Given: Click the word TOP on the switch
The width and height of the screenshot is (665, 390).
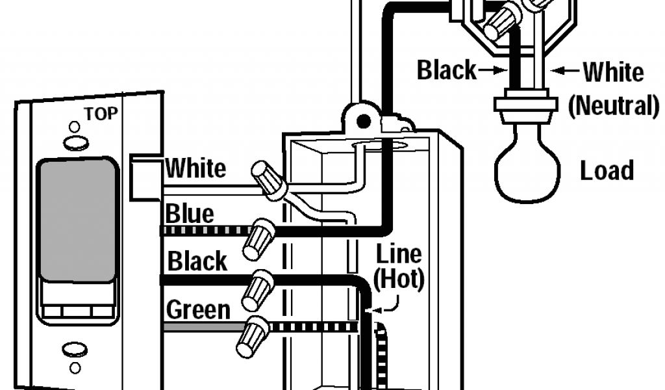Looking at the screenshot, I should tap(100, 114).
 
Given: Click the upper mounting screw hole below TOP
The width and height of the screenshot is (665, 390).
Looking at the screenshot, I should tap(75, 141).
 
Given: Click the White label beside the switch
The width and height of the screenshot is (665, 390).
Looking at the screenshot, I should tap(196, 169).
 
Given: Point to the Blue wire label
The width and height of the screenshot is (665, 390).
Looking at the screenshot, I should tap(190, 213).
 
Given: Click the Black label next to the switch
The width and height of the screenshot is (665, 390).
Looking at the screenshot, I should tap(197, 261).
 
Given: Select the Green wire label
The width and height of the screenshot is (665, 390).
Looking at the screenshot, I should tap(198, 309).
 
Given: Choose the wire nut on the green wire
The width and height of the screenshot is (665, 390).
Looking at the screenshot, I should tap(253, 336).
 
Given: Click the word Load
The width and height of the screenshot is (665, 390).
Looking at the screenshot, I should tap(607, 171).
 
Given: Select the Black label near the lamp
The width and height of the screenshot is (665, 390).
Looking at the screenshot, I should tap(446, 70).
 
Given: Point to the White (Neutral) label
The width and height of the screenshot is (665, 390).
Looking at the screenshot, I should tap(613, 88).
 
